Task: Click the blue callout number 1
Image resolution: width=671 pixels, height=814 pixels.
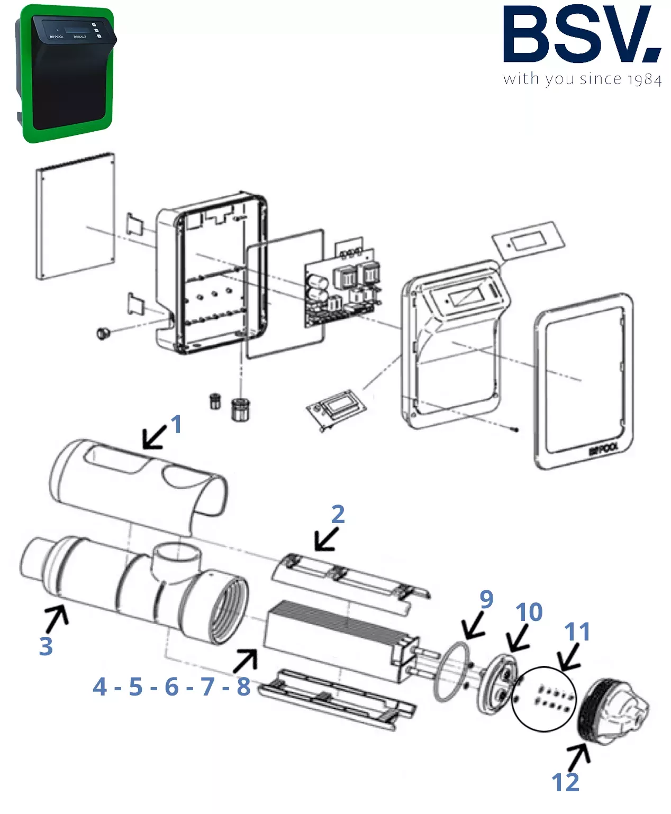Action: (176, 424)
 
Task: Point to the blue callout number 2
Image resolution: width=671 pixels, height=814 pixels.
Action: (338, 514)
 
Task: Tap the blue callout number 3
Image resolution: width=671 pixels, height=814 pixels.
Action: (46, 646)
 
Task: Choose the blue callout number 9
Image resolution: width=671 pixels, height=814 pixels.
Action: (486, 599)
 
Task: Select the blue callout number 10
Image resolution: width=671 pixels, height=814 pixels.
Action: (529, 612)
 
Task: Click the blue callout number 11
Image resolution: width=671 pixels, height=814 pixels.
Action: (577, 632)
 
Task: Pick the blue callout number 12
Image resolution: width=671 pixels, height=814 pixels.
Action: (565, 782)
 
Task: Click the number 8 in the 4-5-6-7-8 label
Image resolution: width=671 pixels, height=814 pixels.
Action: (243, 687)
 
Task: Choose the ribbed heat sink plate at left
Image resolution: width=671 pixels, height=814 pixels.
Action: (75, 216)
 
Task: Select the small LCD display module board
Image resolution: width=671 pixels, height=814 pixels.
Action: (337, 408)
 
